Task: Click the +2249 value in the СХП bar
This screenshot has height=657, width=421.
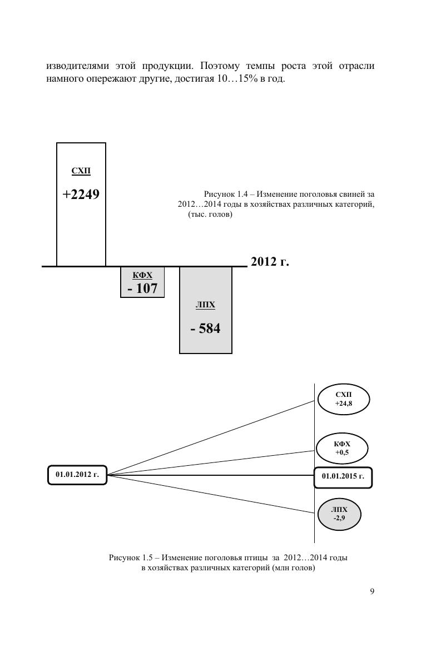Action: [x=81, y=195]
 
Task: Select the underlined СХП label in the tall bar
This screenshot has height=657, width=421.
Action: [x=81, y=171]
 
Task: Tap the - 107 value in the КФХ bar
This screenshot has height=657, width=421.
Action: [x=142, y=288]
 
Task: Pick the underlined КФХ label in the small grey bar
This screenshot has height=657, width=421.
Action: [x=142, y=275]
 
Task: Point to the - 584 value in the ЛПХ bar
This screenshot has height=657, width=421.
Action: [x=205, y=328]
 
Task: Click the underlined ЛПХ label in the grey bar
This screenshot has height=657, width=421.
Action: [x=205, y=305]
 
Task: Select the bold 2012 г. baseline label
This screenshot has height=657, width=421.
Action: [x=270, y=261]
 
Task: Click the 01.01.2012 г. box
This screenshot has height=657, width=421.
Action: [x=77, y=475]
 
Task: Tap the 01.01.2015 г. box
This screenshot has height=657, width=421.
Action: [x=343, y=477]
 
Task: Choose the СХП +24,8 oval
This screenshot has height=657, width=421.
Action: [x=344, y=399]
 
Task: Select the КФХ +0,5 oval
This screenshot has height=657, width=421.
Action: [x=342, y=449]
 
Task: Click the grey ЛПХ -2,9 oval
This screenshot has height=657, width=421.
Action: [x=340, y=514]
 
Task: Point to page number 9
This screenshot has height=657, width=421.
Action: [x=372, y=591]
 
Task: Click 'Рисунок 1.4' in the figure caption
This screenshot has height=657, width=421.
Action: [x=226, y=194]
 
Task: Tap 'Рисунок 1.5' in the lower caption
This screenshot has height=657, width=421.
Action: [x=131, y=558]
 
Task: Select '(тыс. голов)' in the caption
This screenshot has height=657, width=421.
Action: [x=210, y=215]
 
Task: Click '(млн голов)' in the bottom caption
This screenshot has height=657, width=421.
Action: [x=293, y=568]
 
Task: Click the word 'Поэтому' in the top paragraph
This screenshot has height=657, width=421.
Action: [x=220, y=66]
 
